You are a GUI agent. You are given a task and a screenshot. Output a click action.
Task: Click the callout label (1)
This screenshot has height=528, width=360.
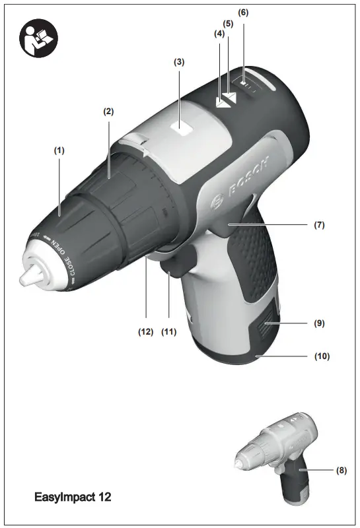tap(59, 150)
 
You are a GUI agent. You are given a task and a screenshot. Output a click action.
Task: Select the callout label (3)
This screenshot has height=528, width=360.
tap(179, 62)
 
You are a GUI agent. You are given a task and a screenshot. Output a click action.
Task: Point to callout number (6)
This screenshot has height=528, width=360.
tap(243, 13)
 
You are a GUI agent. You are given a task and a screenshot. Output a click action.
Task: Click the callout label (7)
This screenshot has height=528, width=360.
tap(319, 225)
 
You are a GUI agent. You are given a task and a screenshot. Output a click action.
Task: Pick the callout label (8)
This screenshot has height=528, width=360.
tap(341, 471)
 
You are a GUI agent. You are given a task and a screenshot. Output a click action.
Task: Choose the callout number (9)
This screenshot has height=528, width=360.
tap(319, 324)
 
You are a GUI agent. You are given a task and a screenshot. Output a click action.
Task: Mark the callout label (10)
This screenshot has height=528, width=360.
tap(322, 356)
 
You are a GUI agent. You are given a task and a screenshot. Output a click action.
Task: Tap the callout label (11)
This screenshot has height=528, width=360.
tap(170, 332)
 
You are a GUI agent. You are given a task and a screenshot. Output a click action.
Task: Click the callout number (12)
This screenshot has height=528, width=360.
tap(145, 332)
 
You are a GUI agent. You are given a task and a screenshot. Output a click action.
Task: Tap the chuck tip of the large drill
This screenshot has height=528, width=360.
tap(27, 277)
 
